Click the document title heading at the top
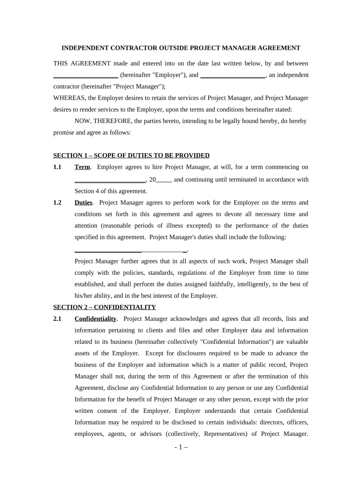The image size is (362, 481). point(181,48)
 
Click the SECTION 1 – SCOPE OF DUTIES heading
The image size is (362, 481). point(131,156)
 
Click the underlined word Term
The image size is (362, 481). point(82,167)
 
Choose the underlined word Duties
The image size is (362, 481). point(84,203)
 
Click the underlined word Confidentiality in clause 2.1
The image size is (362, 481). point(95,319)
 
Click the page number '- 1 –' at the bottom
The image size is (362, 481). point(181,448)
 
